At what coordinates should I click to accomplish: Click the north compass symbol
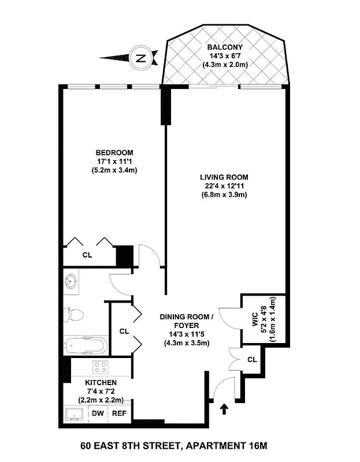[140, 57]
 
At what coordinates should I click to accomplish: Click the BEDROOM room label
[114, 152]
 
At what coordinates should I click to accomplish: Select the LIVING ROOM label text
[224, 177]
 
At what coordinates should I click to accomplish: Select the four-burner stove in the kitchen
[100, 367]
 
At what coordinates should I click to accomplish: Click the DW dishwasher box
[97, 413]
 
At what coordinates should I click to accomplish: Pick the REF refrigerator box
[118, 413]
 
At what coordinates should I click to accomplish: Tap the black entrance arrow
[225, 409]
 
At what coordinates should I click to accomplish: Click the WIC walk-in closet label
[255, 322]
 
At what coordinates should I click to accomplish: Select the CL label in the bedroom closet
[87, 255]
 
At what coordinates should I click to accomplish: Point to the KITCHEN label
[101, 383]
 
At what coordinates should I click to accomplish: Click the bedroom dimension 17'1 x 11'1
[114, 161]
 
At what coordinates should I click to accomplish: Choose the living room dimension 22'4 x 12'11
[224, 186]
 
